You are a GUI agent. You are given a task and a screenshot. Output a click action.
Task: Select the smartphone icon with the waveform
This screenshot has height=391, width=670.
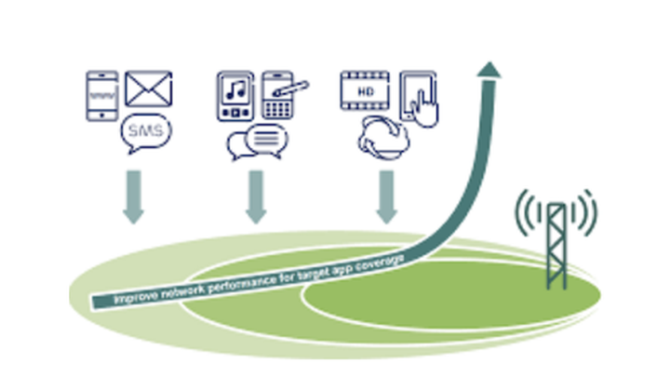click(101, 95)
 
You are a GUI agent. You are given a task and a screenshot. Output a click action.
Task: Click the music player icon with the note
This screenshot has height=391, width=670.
click(235, 95)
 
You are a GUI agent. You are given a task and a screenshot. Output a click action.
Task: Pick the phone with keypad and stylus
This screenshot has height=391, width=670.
click(279, 94)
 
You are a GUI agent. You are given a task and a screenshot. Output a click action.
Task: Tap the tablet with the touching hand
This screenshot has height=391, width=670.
click(419, 97)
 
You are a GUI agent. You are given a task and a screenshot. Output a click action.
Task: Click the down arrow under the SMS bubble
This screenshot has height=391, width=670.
click(134, 197)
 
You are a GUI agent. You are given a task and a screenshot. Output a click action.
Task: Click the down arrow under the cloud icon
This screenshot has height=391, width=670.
click(386, 197)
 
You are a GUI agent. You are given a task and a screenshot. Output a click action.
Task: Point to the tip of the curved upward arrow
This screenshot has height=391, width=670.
click(490, 65)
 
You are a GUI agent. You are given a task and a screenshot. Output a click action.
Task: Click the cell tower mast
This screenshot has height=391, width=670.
click(556, 247)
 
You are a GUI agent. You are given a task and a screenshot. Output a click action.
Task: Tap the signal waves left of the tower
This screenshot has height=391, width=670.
click(529, 210)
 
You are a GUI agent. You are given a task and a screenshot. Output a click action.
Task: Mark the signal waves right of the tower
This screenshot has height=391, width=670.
click(585, 210)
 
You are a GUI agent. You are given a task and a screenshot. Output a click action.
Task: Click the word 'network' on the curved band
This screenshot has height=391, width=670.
click(186, 290)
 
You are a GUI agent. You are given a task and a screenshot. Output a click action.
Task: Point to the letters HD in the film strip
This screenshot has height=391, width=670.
click(368, 93)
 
